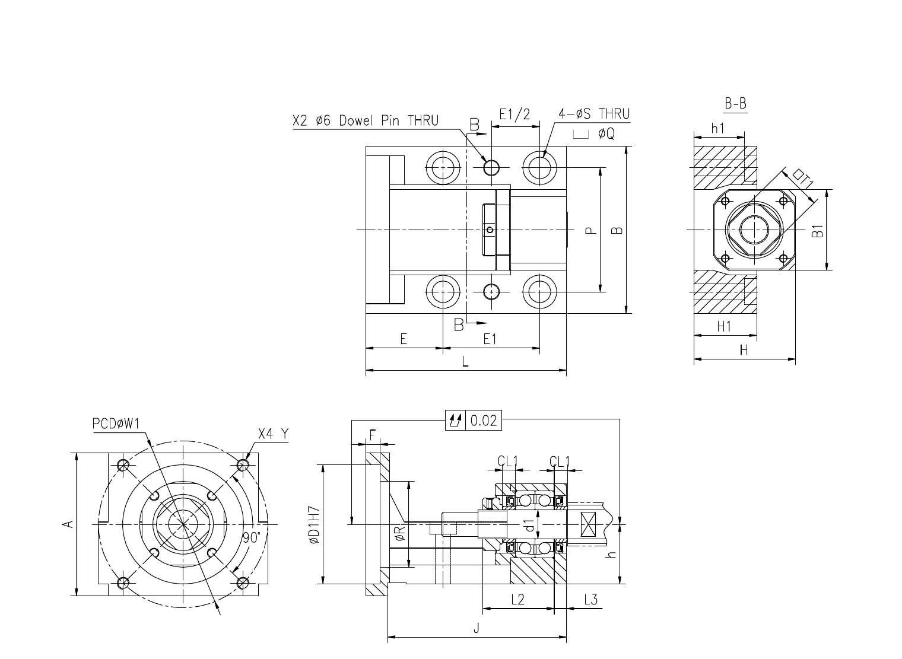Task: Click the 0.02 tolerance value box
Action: [483, 421]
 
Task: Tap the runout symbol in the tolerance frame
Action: [455, 421]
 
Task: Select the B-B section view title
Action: [735, 104]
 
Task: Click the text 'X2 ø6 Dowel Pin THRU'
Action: [366, 120]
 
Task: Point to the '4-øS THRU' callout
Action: [594, 114]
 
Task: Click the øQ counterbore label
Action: [594, 133]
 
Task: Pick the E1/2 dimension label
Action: [514, 114]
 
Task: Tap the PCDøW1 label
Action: [116, 424]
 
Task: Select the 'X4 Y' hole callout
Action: [274, 434]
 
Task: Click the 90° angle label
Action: [252, 537]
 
